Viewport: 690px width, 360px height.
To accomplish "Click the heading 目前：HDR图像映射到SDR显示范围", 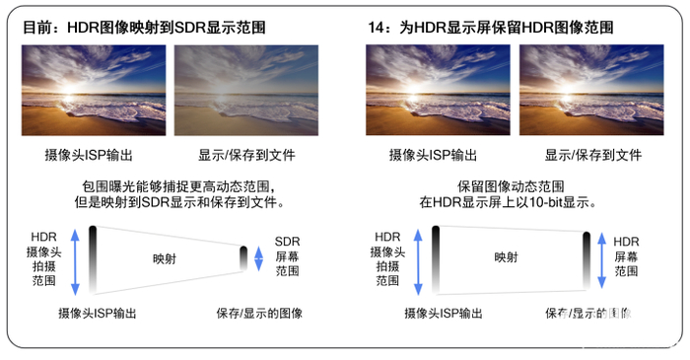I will [149, 27].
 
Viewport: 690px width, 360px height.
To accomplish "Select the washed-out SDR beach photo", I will [245, 90].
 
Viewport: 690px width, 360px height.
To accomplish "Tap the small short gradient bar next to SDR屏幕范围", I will [243, 257].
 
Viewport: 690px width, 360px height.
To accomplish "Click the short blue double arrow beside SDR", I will [259, 257].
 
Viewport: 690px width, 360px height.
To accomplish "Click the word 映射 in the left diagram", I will [165, 258].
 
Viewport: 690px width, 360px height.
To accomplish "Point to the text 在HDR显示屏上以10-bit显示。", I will [510, 203].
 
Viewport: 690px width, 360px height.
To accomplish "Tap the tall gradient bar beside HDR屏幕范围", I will [586, 261].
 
